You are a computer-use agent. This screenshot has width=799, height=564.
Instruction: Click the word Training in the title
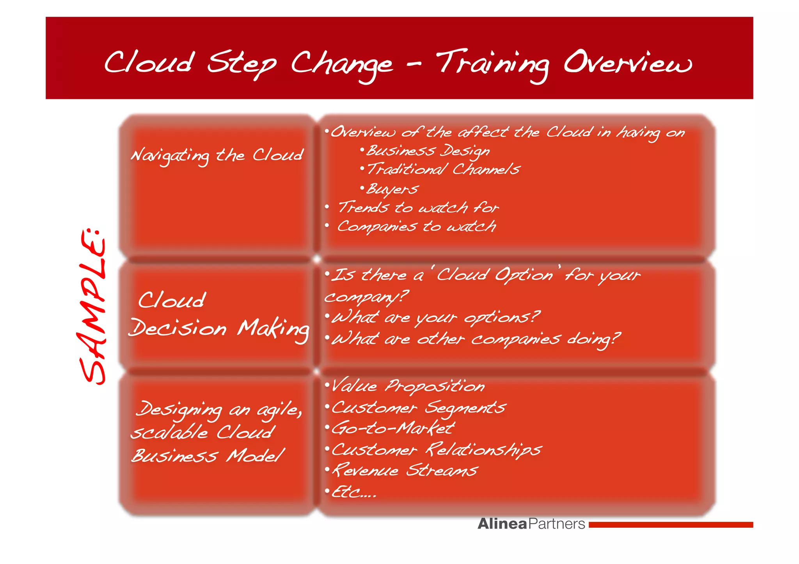point(492,64)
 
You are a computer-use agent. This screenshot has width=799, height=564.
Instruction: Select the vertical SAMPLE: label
point(93,306)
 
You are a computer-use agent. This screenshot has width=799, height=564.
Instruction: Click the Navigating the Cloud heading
point(217,156)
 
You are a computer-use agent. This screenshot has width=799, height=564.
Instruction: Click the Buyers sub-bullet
point(392,189)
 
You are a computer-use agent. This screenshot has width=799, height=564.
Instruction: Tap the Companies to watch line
point(416,226)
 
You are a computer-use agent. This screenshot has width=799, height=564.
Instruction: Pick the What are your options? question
point(435,318)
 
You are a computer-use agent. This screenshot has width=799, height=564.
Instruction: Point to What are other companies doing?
point(476,339)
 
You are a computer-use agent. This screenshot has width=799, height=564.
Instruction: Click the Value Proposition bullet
point(408,386)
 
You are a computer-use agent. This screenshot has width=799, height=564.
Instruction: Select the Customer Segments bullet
point(418,408)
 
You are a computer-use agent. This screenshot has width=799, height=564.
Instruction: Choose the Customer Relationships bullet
point(436,450)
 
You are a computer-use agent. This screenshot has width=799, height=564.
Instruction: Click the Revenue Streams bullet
point(405,470)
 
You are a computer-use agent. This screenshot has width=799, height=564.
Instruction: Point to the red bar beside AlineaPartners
point(671,525)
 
